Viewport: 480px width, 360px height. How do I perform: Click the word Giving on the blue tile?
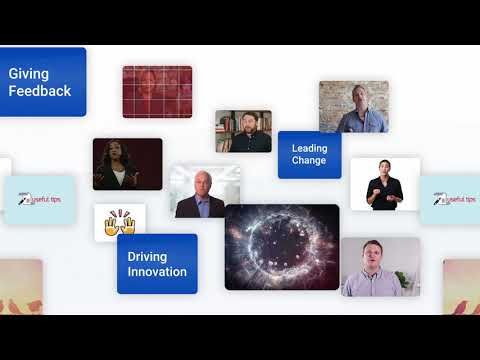coord(28,73)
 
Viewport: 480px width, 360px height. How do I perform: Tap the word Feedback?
coord(40,91)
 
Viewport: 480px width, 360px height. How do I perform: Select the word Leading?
coord(309,148)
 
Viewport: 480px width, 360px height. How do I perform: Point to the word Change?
coord(309,161)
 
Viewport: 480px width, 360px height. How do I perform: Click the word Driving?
coord(147,256)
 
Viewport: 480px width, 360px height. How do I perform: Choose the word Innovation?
coord(157,272)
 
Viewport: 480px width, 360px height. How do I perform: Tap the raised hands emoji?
coord(120,222)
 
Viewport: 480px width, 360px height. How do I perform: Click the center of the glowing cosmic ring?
coord(281,247)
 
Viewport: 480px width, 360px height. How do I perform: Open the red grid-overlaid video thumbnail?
coord(156,91)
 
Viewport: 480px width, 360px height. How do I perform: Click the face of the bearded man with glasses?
coord(244,122)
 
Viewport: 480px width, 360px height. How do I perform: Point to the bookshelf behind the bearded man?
coord(226,124)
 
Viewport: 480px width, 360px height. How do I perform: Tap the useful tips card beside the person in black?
coord(449,200)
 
